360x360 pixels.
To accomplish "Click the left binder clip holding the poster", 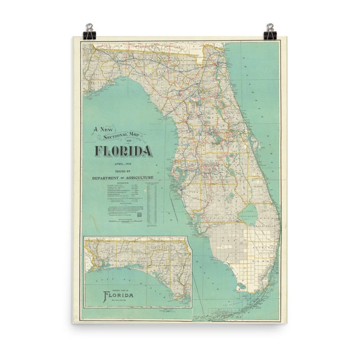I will (89, 31).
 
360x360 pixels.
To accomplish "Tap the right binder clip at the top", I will (270, 31).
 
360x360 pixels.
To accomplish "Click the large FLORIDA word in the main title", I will (123, 151).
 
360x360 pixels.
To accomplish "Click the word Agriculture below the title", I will (138, 178).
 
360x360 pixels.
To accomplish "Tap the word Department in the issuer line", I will (107, 178).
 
